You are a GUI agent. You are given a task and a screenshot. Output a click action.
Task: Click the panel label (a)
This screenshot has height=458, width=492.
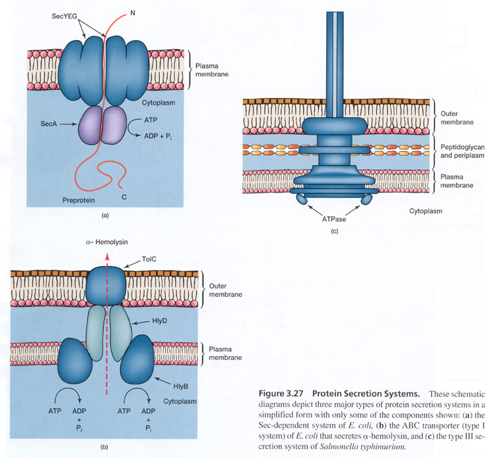105,215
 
